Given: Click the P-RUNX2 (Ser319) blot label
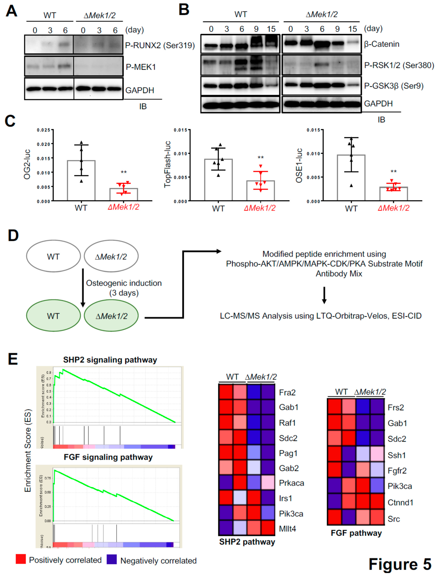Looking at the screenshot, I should coord(160,45).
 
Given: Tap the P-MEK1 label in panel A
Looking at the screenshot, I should coord(141,67).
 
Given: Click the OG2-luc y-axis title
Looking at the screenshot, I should coord(27,164).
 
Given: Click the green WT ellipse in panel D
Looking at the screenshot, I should coord(53,316).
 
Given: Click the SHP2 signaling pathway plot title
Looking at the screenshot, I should coord(110,360).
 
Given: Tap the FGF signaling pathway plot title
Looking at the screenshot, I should coord(108,457).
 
